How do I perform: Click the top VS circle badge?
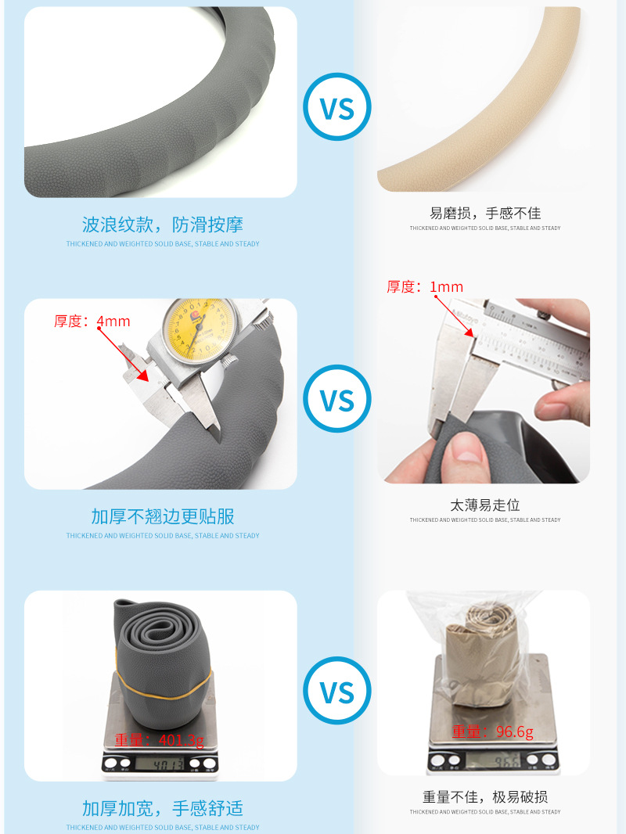[337, 108]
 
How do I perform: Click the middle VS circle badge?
[337, 400]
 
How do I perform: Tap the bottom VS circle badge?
[337, 692]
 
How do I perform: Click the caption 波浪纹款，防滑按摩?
[163, 225]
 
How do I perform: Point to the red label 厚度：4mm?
[92, 322]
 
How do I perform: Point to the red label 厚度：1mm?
[425, 287]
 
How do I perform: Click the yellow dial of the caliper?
[193, 329]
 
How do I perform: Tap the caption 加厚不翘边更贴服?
[163, 516]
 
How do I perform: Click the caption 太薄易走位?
[484, 505]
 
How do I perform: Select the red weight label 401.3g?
[159, 740]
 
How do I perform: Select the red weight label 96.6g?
[492, 732]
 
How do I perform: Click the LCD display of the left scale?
[160, 763]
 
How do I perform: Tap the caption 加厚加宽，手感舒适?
[163, 808]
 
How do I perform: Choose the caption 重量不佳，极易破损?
[484, 797]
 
